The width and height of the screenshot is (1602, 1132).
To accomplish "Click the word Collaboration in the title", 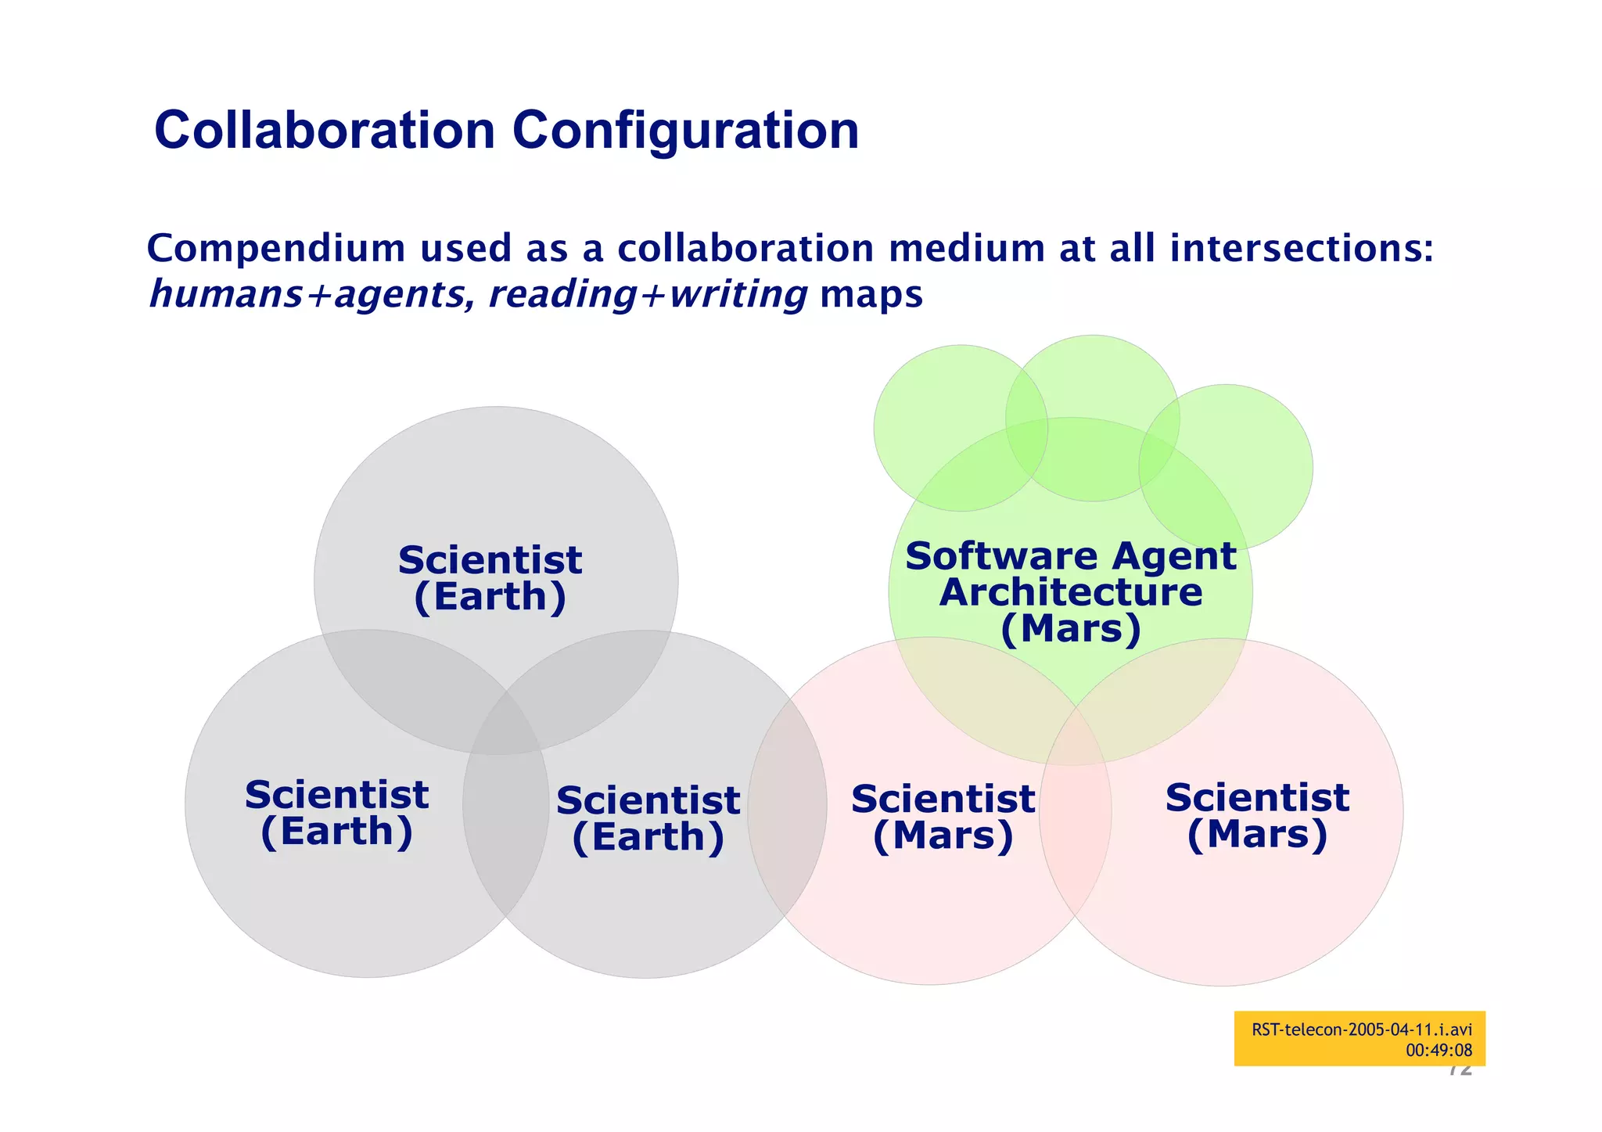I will pos(325,130).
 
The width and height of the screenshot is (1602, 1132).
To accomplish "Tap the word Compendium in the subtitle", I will pos(275,249).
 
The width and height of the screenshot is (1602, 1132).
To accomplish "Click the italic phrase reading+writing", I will pos(648,295).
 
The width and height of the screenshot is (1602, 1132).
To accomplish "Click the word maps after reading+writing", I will pos(871,295).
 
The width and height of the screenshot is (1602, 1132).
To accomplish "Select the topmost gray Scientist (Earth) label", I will pos(490,579).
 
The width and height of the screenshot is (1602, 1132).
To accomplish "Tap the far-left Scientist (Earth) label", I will pos(336,814).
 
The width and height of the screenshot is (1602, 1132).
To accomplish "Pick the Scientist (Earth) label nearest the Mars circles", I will pos(648,819).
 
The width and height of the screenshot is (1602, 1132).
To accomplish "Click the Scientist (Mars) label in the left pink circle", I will pos(943,818).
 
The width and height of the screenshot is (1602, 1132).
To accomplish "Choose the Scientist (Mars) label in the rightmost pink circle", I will pos(1257,816).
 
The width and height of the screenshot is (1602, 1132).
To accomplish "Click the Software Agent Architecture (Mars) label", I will pos(1070,592).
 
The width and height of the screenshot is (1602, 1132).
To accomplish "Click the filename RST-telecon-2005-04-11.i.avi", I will pos(1361,1030).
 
